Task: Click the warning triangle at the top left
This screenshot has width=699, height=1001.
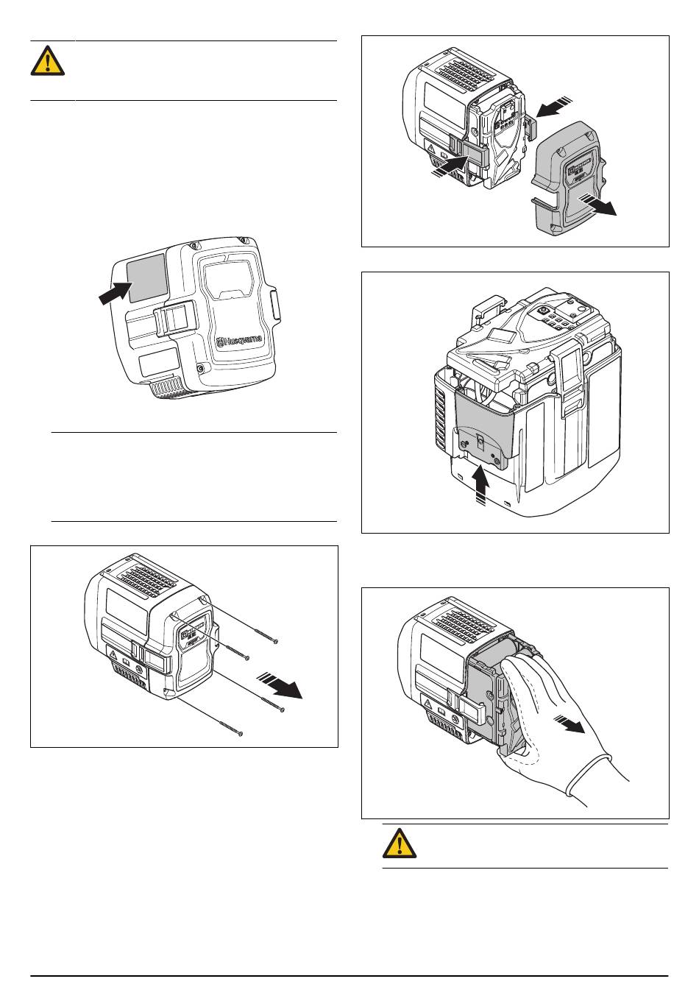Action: point(48,61)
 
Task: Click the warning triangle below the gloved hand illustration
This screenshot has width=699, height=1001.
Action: point(400,843)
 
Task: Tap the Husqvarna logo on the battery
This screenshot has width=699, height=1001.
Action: point(240,341)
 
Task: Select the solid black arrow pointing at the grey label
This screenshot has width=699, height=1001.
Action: point(116,293)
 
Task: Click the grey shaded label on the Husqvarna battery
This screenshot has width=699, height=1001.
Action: point(147,277)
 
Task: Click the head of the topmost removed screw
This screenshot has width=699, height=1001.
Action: point(276,642)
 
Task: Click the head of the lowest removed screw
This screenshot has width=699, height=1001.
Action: point(241,733)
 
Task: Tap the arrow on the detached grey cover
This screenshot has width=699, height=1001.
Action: point(597,205)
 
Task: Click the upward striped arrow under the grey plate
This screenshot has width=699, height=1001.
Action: point(480,485)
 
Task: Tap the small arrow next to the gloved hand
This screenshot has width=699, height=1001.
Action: point(569,724)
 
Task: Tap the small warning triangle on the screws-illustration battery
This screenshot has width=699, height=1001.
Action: point(113,655)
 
